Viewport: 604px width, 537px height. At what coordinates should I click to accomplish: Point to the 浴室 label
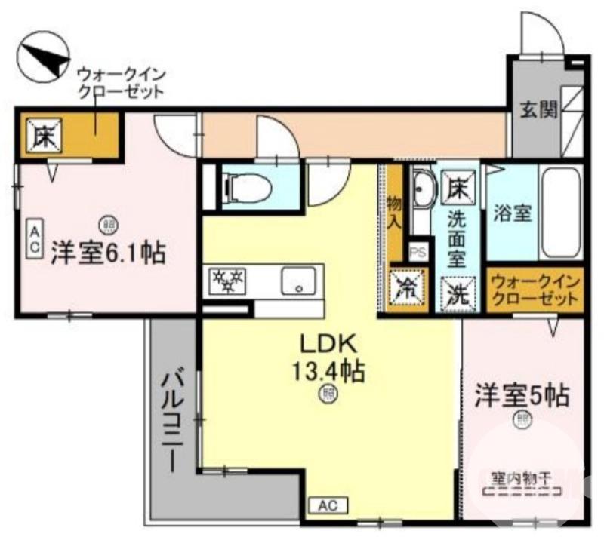click(513, 213)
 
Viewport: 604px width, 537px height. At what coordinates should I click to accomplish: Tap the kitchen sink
click(300, 281)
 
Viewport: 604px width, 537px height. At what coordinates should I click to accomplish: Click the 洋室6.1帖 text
click(108, 253)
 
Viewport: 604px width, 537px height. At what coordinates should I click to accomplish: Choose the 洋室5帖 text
click(521, 394)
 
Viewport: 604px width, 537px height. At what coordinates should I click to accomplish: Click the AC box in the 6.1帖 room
click(35, 240)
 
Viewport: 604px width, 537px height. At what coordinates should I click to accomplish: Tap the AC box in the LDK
click(328, 505)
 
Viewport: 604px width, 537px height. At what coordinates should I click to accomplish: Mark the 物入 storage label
click(395, 211)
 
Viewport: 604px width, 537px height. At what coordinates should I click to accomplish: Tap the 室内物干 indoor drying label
click(521, 477)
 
